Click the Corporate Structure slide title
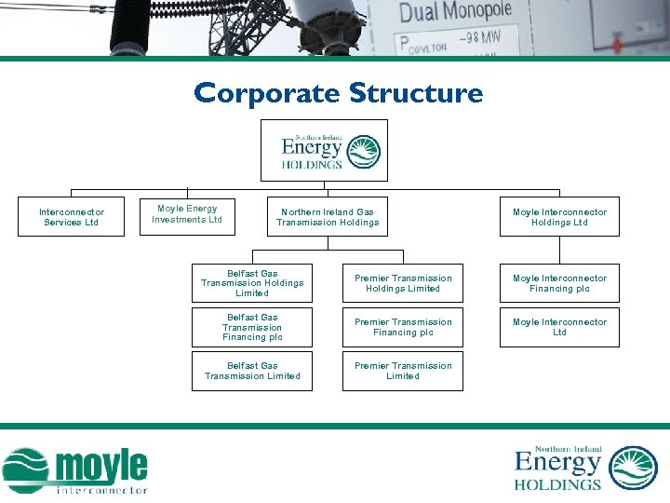pyautogui.click(x=338, y=93)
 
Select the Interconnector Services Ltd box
pyautogui.click(x=72, y=217)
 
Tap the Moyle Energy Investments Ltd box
pyautogui.click(x=186, y=214)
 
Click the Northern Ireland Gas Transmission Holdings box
pyautogui.click(x=328, y=217)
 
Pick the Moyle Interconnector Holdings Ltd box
pyautogui.click(x=559, y=217)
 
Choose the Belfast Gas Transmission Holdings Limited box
pyautogui.click(x=252, y=283)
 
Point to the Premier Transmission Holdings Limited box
pyautogui.click(x=403, y=283)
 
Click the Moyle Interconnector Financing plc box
pyautogui.click(x=559, y=283)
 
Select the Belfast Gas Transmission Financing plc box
pyautogui.click(x=252, y=327)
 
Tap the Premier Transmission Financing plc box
pyautogui.click(x=403, y=327)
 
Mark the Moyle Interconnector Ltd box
pyautogui.click(x=559, y=327)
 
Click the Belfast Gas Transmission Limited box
pyautogui.click(x=252, y=371)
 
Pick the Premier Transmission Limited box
pyautogui.click(x=403, y=371)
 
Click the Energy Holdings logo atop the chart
pyautogui.click(x=324, y=151)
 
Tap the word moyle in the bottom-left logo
pyautogui.click(x=100, y=465)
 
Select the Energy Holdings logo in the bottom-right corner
pyautogui.click(x=586, y=467)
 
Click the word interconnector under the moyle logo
pyautogui.click(x=101, y=489)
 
